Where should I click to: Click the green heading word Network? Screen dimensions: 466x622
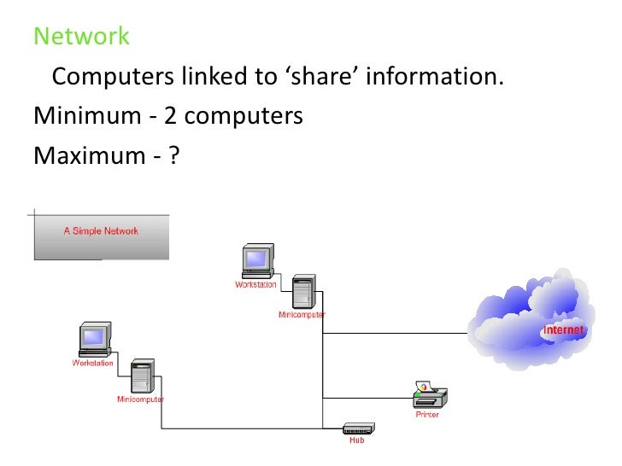pos(81,37)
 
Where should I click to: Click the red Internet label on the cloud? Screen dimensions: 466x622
pos(564,330)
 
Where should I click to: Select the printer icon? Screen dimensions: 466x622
pos(429,394)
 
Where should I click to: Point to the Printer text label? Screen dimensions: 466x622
pos(428,415)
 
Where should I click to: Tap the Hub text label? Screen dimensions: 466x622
pos(356,441)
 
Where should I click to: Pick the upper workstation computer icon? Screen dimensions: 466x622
pos(256,260)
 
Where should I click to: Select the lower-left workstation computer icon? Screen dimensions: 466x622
pos(93,339)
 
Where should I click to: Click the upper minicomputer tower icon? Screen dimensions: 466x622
pos(302,293)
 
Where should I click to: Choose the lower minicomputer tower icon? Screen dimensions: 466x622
pos(141,376)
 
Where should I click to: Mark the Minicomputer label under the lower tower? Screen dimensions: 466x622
pos(141,399)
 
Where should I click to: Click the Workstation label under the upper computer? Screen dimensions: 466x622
pos(255,284)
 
